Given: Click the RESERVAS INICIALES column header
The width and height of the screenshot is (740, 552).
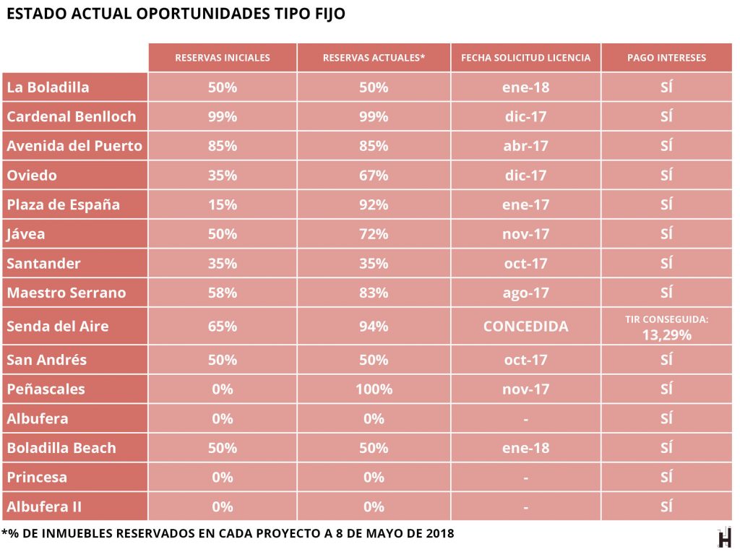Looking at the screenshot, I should (223, 58).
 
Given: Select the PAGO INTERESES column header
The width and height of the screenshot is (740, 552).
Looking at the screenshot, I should (666, 58).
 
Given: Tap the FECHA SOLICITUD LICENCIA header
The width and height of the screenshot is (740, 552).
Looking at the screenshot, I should (525, 58).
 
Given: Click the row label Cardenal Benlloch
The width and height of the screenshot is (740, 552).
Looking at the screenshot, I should (72, 116).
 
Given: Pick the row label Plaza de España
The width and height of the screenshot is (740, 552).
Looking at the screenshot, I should (64, 204).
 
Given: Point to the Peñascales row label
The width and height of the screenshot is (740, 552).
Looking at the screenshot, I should (46, 389).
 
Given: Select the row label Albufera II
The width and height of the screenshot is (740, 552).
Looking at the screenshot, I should (44, 506).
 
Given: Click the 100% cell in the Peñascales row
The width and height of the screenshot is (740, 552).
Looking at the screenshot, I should (374, 389).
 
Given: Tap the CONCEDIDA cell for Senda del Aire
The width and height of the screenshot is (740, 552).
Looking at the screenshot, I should (525, 326).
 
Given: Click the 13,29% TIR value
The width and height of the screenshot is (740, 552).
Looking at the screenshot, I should (666, 335).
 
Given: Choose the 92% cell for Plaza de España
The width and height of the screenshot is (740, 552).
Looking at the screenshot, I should (374, 204).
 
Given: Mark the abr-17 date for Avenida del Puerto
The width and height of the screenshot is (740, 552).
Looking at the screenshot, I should (525, 145).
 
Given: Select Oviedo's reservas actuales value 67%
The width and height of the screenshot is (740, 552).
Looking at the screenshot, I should (374, 175).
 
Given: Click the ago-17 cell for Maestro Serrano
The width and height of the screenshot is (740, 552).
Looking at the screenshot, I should (525, 293).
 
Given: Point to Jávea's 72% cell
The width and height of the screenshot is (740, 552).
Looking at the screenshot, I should (374, 234).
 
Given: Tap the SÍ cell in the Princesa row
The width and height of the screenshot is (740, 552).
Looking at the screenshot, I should (666, 477).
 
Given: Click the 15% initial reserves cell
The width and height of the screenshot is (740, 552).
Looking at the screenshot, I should (223, 204).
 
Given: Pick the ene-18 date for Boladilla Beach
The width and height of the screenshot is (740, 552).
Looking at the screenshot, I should (525, 447).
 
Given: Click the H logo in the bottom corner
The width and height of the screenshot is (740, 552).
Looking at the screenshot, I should (724, 538).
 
